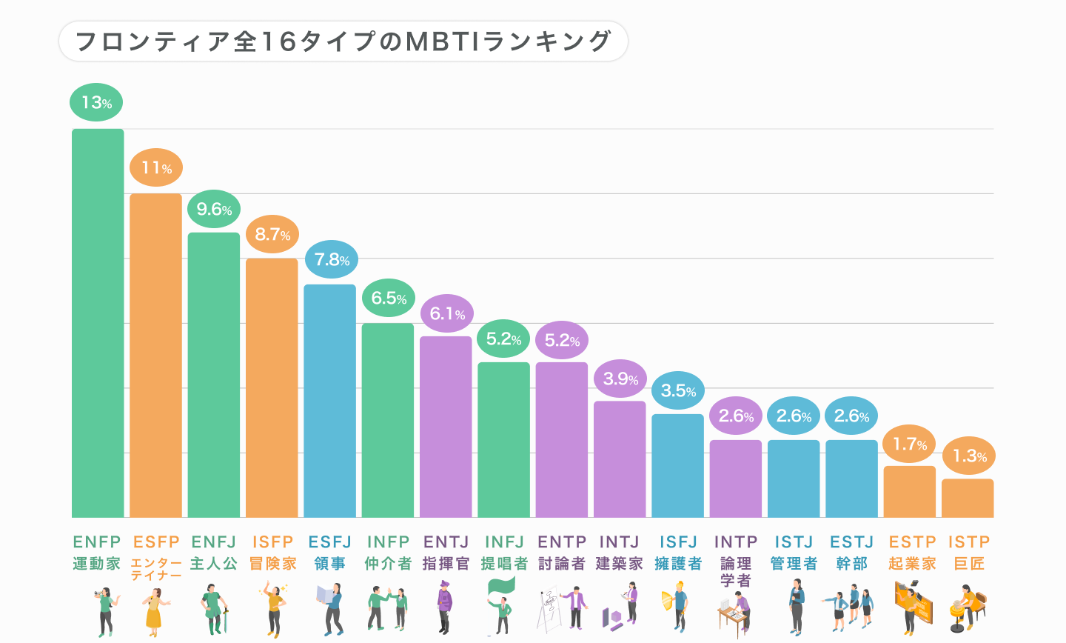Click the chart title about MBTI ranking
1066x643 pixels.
tap(343, 41)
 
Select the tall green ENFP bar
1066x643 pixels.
tap(98, 323)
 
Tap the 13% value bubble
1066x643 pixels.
tap(96, 102)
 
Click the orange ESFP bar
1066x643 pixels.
tap(155, 356)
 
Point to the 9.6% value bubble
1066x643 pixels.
tap(214, 210)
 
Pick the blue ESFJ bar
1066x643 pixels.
tap(329, 400)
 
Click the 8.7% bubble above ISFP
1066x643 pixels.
tap(272, 235)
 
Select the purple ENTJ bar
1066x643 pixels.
tap(446, 427)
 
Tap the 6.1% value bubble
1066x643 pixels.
tap(447, 314)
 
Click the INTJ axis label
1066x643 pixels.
tap(620, 542)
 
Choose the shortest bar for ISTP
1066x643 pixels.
tap(968, 498)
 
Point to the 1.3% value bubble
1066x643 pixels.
tap(969, 456)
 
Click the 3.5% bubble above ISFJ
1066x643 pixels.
tap(678, 391)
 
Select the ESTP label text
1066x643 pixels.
tap(912, 542)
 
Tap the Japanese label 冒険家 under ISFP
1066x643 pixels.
tap(272, 564)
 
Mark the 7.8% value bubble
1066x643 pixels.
tap(331, 260)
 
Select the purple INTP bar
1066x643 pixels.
tap(736, 479)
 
